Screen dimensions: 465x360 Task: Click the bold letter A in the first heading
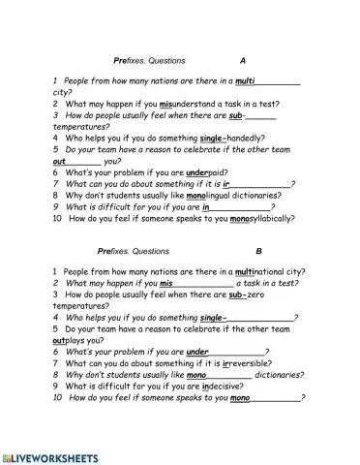[243, 61]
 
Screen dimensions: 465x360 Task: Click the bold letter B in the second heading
[245, 252]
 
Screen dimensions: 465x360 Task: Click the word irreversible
[230, 363]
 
